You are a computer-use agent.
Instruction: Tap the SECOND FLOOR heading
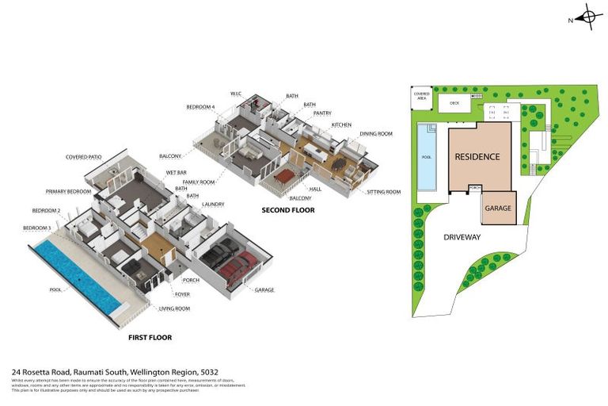(x=288, y=210)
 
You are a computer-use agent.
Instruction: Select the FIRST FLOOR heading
(x=150, y=337)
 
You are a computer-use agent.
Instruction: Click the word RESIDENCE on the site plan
(x=477, y=157)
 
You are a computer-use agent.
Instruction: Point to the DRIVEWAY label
(x=462, y=236)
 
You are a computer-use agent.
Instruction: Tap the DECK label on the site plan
(x=454, y=103)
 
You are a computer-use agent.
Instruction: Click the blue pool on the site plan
(x=427, y=158)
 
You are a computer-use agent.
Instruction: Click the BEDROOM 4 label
(x=200, y=107)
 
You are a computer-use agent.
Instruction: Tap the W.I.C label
(x=235, y=93)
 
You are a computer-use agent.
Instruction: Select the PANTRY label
(x=322, y=113)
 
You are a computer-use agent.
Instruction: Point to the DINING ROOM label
(x=376, y=134)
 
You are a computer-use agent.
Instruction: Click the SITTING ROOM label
(x=384, y=192)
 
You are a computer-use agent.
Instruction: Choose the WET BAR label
(x=177, y=172)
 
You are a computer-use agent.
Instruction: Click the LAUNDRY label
(x=213, y=205)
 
